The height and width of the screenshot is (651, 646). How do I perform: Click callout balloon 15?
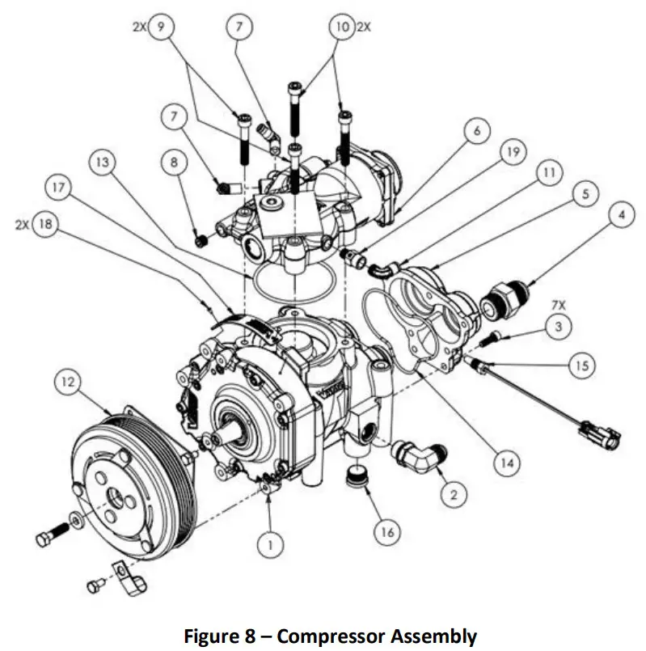click(x=581, y=366)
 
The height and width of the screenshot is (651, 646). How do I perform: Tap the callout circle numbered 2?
click(x=454, y=494)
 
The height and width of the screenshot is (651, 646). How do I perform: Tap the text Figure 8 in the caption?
click(x=217, y=636)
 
